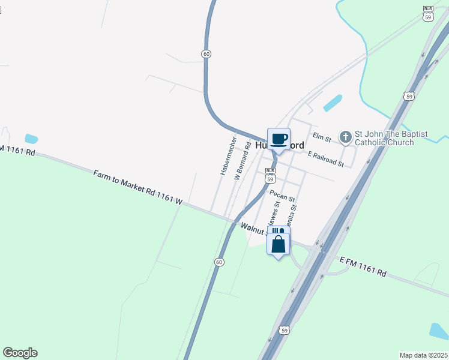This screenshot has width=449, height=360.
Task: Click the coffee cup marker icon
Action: click(279, 139)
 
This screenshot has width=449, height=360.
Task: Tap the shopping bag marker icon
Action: click(279, 244)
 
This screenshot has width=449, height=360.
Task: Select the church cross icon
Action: click(345, 138)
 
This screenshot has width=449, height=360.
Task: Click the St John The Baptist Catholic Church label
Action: click(384, 138)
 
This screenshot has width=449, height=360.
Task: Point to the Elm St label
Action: click(322, 138)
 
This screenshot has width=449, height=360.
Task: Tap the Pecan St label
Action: click(282, 196)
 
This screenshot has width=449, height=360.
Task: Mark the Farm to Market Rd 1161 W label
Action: click(137, 188)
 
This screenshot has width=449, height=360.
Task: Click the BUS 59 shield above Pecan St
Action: click(270, 176)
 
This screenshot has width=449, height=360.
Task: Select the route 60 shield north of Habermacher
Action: click(206, 54)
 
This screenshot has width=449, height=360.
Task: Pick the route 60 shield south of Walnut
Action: click(220, 262)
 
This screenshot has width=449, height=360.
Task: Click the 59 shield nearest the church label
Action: click(409, 96)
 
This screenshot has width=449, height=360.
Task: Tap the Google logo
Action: click(20, 353)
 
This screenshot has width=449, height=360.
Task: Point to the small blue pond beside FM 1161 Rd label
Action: click(31, 139)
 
